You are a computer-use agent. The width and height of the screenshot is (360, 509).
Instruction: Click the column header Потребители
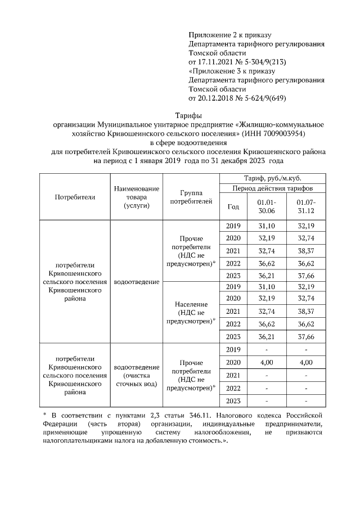[75, 197]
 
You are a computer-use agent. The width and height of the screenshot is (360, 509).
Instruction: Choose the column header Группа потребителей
[191, 196]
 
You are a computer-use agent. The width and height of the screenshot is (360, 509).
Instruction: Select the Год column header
[233, 206]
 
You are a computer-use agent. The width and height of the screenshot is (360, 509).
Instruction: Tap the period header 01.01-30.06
[267, 206]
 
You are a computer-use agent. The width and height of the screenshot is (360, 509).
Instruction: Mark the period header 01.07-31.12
[306, 206]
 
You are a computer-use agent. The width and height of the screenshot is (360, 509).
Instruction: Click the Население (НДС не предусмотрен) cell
[191, 312]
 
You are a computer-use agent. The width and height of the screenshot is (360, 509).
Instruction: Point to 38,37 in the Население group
[306, 311]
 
